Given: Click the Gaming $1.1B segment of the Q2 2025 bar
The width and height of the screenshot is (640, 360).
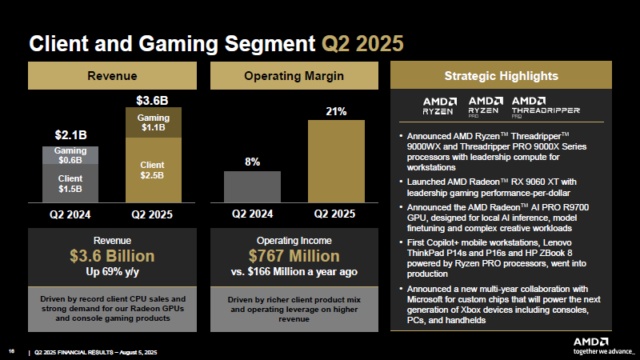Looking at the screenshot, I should click(154, 122).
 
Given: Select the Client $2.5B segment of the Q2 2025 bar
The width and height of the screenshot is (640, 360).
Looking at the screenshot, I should click(154, 170).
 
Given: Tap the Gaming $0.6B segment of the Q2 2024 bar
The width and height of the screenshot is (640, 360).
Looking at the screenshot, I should click(70, 155).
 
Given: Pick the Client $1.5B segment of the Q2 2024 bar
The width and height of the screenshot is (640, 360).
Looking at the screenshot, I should click(70, 183).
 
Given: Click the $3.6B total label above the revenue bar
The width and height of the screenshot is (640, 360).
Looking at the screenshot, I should click(151, 101).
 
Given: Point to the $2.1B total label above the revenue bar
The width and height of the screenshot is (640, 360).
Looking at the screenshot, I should click(70, 134).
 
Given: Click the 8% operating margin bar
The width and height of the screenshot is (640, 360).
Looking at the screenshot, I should click(252, 186).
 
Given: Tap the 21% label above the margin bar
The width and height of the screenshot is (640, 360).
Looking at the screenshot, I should click(335, 111).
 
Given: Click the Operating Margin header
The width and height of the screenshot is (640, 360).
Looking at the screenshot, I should click(294, 76).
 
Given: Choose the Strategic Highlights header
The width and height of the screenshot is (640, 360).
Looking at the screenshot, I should click(501, 76).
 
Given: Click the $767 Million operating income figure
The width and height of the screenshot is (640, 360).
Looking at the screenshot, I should click(294, 256).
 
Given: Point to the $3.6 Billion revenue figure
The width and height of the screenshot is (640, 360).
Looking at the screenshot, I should click(112, 256).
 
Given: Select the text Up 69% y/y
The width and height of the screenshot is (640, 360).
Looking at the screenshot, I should click(112, 271).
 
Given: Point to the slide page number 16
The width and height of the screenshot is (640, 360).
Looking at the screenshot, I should click(12, 350).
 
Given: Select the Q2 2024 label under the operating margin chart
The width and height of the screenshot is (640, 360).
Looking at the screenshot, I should click(252, 214).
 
